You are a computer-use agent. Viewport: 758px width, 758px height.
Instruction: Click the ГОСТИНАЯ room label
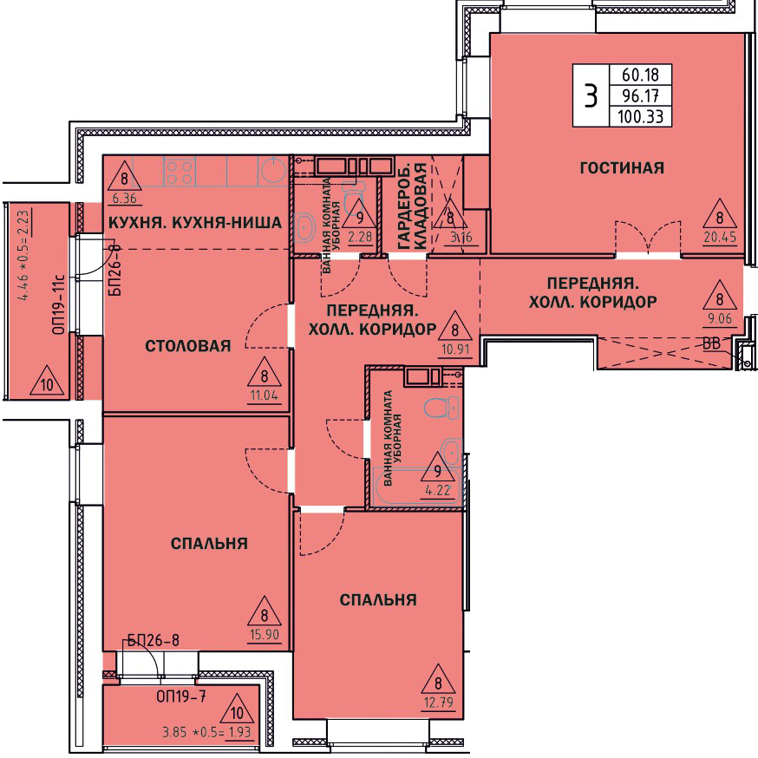pos(622,167)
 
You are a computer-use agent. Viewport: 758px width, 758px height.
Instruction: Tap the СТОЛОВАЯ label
pos(188,346)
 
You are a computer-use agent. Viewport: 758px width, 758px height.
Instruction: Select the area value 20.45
pos(720,237)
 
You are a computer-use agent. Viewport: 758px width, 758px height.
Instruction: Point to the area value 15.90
pos(265,634)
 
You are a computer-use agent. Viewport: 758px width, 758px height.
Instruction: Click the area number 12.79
pos(439,702)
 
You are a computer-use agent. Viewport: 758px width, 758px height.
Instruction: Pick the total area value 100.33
pos(641,116)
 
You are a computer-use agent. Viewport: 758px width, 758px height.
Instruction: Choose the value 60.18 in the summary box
pos(641,75)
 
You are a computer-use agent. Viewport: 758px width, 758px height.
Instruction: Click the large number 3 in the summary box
pos(591,95)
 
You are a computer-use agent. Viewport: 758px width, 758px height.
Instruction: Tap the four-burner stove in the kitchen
pos(180,171)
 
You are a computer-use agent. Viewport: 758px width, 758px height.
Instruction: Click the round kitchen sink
pos(274,170)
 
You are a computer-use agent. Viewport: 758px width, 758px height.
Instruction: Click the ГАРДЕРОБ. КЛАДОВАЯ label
pos(413,207)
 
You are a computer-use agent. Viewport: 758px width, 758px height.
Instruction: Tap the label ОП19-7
pos(181,696)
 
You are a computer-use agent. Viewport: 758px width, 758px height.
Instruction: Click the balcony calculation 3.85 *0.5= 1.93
pos(207,732)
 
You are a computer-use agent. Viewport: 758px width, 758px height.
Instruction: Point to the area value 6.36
pos(124,199)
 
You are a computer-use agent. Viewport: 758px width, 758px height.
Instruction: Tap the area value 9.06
pos(720,318)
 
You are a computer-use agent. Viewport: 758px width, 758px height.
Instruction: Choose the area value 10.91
pos(455,349)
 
